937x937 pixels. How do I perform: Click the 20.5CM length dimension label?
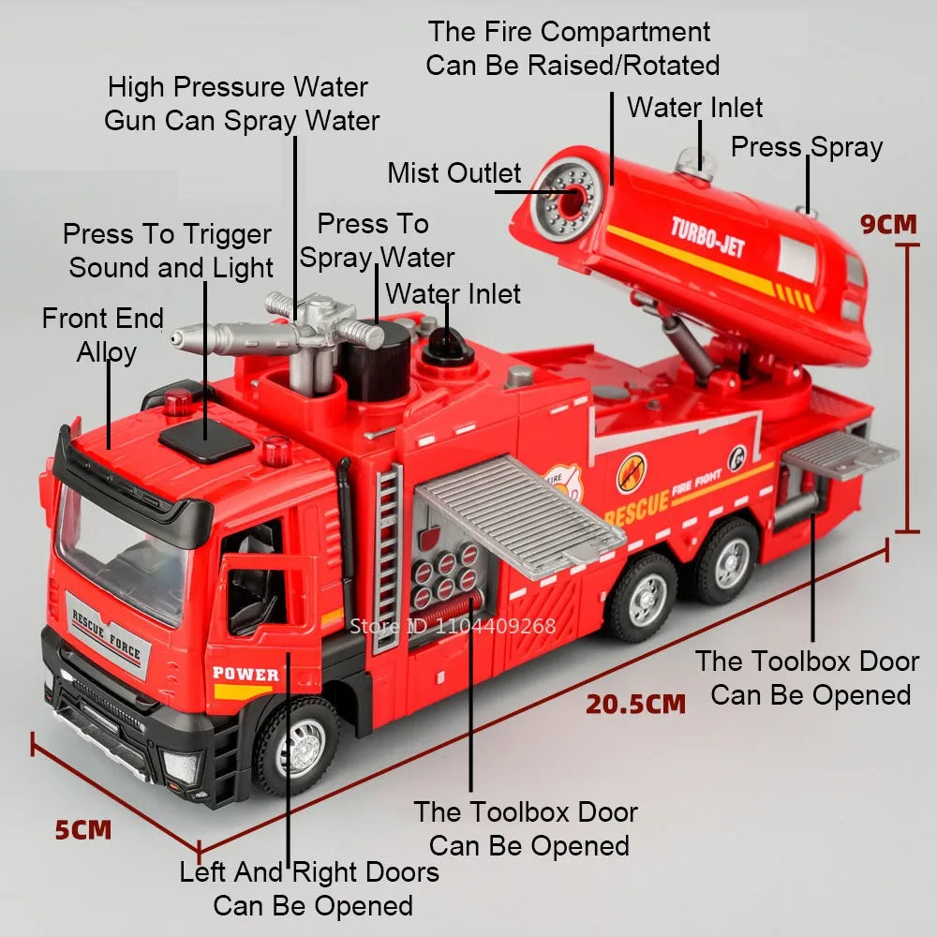pos(635,704)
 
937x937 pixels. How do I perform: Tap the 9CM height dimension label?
pos(889,224)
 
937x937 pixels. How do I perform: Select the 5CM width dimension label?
pos(82,829)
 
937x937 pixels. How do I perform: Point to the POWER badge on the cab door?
pos(245,674)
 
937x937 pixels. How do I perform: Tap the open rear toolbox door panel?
pos(840,455)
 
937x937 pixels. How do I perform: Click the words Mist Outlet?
pos(454,173)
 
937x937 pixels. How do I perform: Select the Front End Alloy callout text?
pos(103,335)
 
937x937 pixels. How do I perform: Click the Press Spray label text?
pos(806,147)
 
